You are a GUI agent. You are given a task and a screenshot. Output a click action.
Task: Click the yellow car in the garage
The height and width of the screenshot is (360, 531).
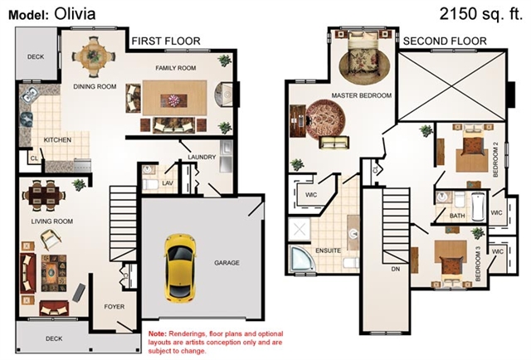180,267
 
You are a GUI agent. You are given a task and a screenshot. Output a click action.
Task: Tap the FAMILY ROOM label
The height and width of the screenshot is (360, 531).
175,68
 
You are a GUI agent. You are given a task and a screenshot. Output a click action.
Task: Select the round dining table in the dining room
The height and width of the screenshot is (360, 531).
93,56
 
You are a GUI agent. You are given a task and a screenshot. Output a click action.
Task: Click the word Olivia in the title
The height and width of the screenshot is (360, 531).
75,14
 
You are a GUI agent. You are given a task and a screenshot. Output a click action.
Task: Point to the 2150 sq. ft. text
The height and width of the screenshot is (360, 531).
481,14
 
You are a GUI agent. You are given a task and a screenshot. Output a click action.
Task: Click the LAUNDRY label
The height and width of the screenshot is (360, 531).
202,157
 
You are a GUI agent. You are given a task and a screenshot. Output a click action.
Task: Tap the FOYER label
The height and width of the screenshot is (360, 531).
114,307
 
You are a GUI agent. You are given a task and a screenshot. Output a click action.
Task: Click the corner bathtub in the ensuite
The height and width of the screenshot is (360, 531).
301,258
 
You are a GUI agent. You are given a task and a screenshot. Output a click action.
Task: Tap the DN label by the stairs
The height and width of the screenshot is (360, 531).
396,269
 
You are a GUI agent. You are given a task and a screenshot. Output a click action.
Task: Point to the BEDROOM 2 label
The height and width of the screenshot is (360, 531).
496,159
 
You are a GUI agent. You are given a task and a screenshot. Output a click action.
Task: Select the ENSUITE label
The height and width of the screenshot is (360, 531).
328,251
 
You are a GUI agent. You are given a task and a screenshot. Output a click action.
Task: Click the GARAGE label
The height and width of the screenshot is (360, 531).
227,263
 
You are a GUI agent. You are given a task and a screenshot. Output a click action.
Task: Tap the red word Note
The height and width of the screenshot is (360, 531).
157,334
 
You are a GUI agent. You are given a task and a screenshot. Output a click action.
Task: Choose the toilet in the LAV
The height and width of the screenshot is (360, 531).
150,185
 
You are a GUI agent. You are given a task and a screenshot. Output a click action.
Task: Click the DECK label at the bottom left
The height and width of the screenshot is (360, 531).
54,338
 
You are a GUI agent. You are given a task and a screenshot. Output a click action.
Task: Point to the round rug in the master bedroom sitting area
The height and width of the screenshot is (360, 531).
325,119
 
